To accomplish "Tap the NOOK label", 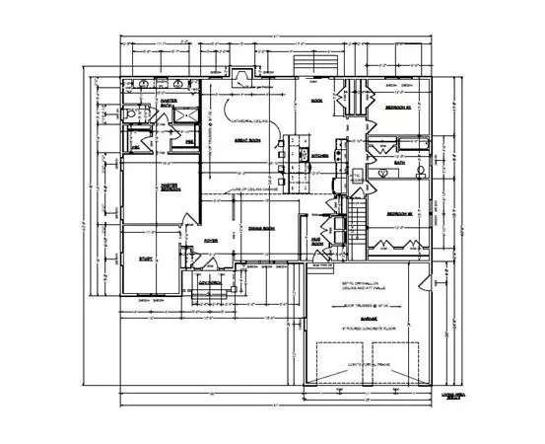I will click(x=317, y=101).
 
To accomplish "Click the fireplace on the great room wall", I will click(x=238, y=75).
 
